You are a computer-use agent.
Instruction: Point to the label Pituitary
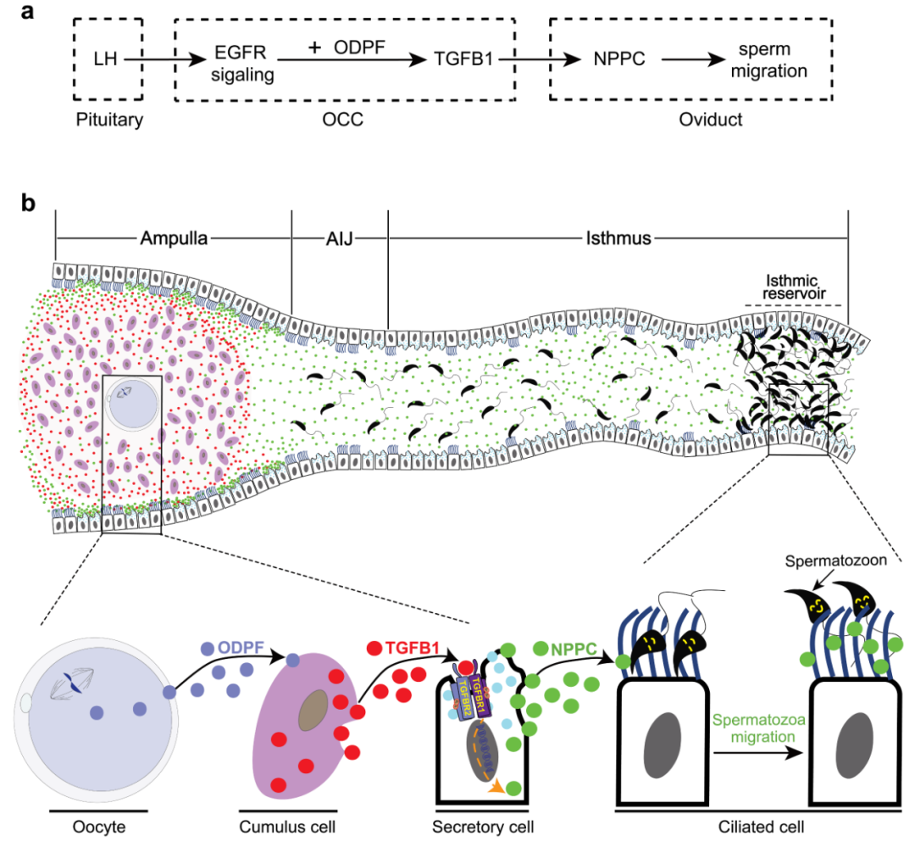click(107, 120)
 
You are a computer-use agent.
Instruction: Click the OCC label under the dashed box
click(344, 120)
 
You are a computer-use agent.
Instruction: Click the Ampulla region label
click(173, 238)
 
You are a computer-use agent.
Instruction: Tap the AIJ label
click(339, 238)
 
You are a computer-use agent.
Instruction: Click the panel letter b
click(30, 204)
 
